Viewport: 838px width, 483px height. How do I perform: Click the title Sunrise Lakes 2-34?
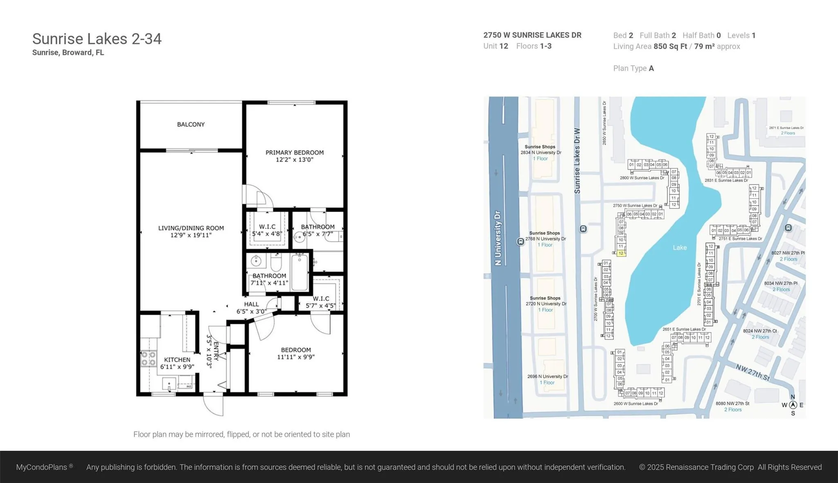[97, 39]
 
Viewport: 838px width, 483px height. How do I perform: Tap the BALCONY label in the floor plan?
[191, 124]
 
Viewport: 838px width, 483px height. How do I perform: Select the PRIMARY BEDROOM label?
[295, 153]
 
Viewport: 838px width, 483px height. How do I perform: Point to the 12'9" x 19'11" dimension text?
[191, 235]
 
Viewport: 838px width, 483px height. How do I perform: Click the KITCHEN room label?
[177, 359]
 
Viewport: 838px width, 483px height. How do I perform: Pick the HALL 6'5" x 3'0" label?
[251, 308]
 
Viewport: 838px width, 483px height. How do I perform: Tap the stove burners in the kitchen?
[148, 359]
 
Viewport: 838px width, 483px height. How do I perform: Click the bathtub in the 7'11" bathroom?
[300, 272]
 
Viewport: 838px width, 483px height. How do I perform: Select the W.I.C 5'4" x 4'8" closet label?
[267, 230]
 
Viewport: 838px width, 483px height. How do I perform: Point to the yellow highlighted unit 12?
[621, 253]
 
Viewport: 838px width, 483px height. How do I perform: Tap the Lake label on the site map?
[680, 247]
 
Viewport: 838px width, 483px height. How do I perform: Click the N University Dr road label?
[498, 238]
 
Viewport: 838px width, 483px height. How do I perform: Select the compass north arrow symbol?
[793, 405]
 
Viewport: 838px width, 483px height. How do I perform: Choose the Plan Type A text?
[633, 68]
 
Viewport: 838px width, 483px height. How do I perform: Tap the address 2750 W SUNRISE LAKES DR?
[532, 35]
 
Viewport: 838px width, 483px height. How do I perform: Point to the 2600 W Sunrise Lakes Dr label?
[635, 404]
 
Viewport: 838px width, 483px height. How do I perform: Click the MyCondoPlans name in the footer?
[41, 467]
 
